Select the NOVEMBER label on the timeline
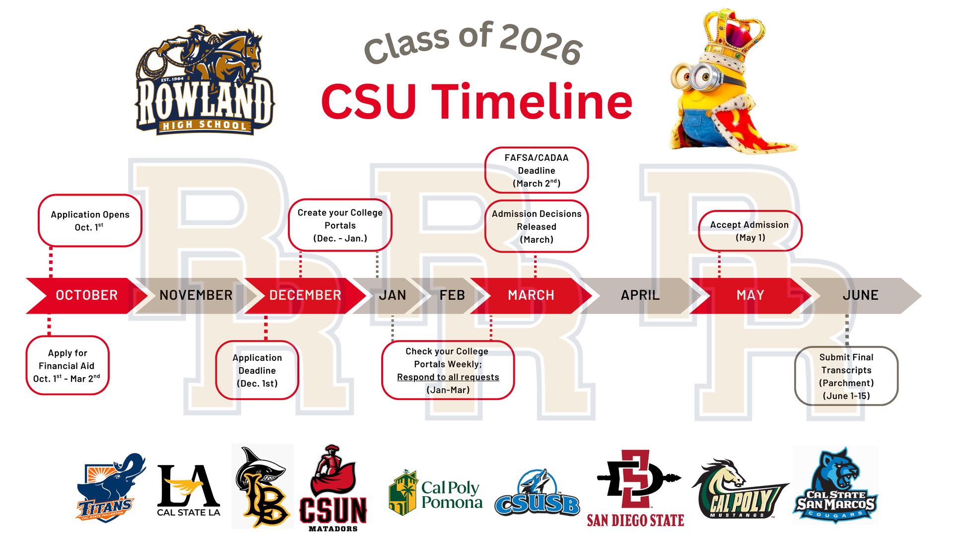click(196, 295)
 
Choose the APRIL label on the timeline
click(640, 295)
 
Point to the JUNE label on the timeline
click(861, 295)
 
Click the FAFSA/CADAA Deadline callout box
click(537, 170)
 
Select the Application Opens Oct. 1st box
click(90, 220)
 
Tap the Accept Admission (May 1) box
click(750, 231)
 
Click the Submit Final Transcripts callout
click(846, 376)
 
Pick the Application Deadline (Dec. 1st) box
click(257, 370)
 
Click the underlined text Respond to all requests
click(448, 377)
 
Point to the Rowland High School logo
click(204, 80)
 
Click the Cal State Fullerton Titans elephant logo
click(111, 487)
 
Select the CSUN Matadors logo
click(333, 488)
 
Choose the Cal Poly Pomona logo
click(436, 493)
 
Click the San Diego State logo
click(636, 488)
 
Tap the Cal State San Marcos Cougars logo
click(835, 485)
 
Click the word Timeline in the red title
click(532, 102)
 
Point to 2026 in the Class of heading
click(541, 44)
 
